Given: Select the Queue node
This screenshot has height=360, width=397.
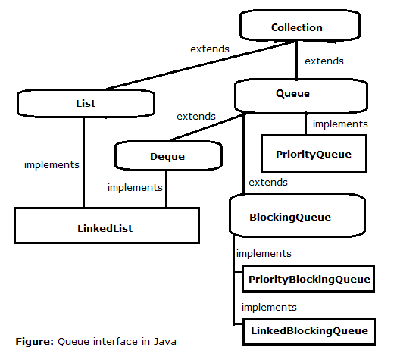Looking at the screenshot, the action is (x=301, y=95).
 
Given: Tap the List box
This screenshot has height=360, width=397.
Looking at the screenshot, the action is (x=86, y=103).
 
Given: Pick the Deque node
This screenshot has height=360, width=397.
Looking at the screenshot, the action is (x=168, y=155).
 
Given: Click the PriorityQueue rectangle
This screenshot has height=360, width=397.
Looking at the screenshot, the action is (x=314, y=154).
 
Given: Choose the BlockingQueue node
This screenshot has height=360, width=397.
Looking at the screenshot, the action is (x=297, y=215).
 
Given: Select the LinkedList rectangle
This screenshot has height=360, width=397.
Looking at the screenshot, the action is (x=107, y=226).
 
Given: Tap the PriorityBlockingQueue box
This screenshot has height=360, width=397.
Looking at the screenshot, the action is (x=308, y=279).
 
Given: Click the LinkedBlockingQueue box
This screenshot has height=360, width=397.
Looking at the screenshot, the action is (x=309, y=331).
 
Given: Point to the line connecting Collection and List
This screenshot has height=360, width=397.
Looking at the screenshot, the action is (x=202, y=65).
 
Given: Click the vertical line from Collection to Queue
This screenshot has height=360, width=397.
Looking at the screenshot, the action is (x=297, y=60).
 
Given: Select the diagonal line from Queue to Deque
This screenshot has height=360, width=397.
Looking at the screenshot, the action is (x=207, y=127).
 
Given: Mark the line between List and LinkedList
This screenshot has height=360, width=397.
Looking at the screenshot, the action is (x=83, y=162).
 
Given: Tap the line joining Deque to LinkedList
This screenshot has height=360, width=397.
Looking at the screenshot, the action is (x=166, y=189).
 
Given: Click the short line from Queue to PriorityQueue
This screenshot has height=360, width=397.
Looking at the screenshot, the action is (x=305, y=123).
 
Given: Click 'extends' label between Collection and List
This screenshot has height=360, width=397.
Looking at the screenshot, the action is (x=210, y=49).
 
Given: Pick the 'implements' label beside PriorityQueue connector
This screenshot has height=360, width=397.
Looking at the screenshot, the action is (x=340, y=124).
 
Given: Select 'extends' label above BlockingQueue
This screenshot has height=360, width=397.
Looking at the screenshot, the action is (x=268, y=182).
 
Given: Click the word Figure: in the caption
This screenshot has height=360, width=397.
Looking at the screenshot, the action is (x=35, y=342).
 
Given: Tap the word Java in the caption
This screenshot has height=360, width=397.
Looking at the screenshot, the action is (x=165, y=342).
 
